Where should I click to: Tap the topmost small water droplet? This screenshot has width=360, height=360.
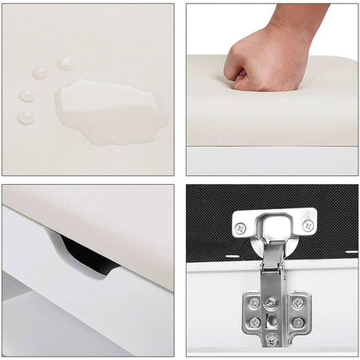pos(64,63)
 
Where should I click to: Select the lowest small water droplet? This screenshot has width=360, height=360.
pos(27,117)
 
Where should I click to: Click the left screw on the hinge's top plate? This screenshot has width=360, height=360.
pos(241,227)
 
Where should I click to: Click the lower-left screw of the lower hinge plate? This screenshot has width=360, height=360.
pos(254,322)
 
